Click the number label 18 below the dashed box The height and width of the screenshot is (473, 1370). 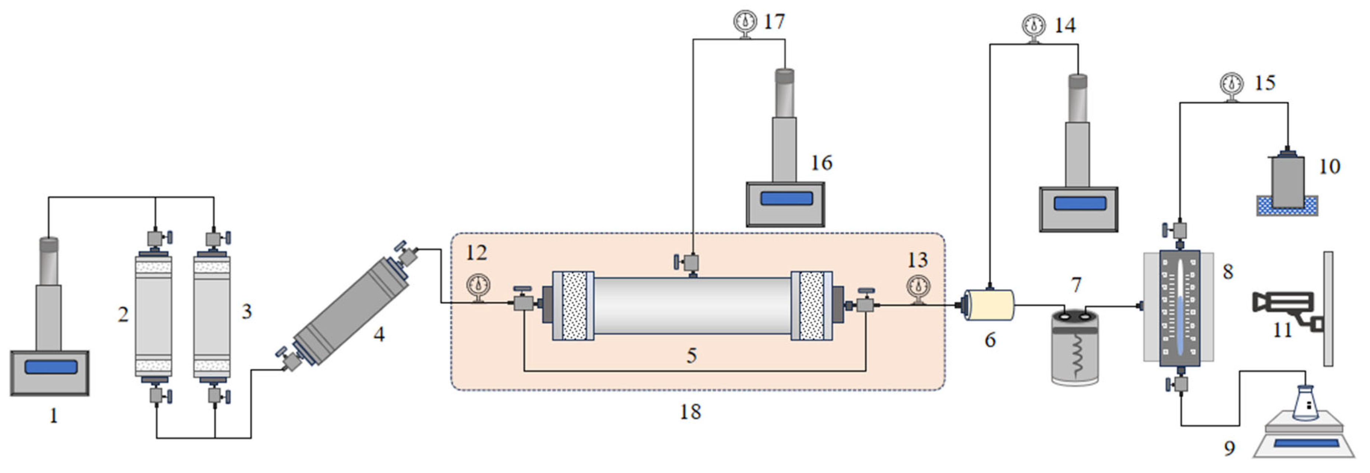click(x=690, y=411)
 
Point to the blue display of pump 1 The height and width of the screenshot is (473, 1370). click(x=50, y=367)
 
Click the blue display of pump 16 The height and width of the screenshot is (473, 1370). click(x=787, y=198)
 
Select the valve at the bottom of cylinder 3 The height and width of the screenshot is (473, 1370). click(x=215, y=395)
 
